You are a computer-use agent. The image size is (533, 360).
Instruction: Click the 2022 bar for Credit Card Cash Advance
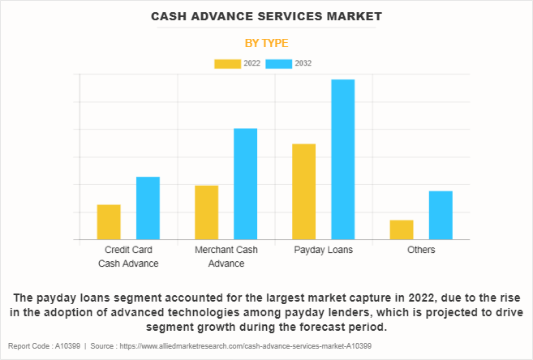click(x=109, y=222)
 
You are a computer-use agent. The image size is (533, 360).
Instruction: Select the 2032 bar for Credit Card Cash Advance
click(x=148, y=208)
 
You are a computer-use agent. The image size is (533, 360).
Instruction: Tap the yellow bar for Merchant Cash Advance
click(x=206, y=212)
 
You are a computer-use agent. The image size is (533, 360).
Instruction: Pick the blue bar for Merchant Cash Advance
click(x=245, y=184)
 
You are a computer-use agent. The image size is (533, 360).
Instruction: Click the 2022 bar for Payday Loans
click(x=303, y=191)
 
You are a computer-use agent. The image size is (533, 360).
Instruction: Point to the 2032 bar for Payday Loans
click(x=343, y=159)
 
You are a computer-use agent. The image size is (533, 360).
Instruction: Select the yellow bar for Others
click(x=402, y=230)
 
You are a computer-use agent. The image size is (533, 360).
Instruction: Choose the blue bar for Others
click(x=441, y=216)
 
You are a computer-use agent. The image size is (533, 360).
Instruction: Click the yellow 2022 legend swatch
click(x=227, y=63)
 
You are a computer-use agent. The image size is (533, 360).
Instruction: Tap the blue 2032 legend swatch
click(x=278, y=63)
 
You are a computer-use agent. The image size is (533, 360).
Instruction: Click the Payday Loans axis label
click(x=323, y=250)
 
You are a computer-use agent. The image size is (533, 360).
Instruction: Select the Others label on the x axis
click(x=421, y=250)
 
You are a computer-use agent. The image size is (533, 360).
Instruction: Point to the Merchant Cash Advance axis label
click(x=226, y=256)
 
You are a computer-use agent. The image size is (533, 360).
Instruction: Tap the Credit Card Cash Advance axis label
click(x=128, y=256)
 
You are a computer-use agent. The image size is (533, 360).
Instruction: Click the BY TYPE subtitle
click(x=266, y=43)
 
